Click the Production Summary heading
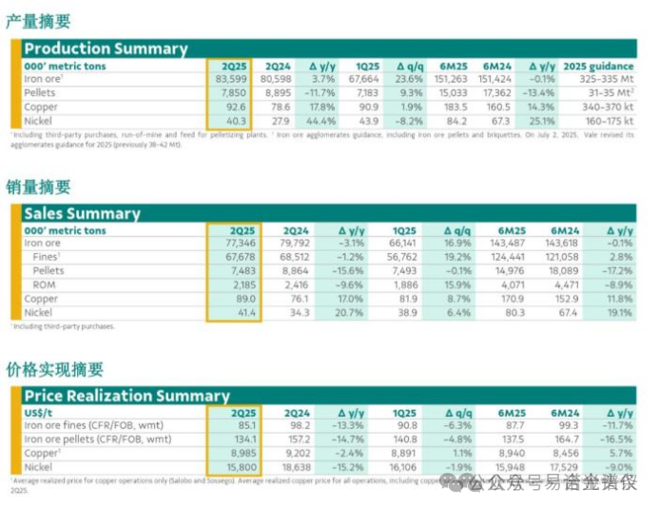click(x=106, y=49)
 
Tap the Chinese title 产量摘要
click(x=38, y=21)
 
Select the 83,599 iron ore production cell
click(x=232, y=79)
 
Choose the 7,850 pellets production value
click(x=235, y=92)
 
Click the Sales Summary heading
click(x=82, y=213)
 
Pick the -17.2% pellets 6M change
click(x=615, y=271)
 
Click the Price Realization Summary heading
click(x=126, y=395)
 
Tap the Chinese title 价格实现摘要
click(x=54, y=369)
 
